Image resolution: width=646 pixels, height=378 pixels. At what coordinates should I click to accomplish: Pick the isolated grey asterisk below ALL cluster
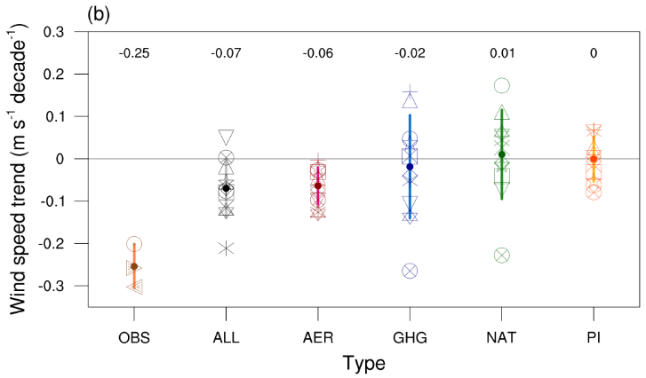226,248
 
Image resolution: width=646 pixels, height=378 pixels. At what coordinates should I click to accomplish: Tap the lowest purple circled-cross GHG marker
410,271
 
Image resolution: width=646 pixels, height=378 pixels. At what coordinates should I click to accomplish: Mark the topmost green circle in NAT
502,86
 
